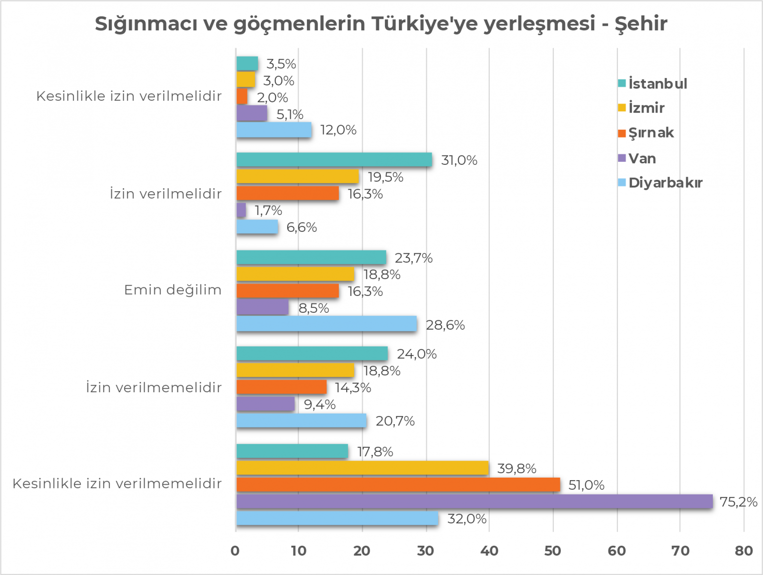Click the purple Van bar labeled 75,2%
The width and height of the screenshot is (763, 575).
tap(474, 502)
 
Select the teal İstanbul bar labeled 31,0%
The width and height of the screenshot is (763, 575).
tap(334, 159)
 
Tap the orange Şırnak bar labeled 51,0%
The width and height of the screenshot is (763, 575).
tap(398, 485)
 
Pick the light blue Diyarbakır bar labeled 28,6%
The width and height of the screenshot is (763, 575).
tap(326, 324)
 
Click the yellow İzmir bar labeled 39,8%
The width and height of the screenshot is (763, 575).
tap(362, 468)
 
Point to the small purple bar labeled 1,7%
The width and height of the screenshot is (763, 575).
tap(241, 210)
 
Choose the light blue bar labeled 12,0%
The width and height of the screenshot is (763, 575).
tap(274, 130)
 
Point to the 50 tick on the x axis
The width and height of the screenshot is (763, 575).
tap(552, 551)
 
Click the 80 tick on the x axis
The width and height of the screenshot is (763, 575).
tap(744, 551)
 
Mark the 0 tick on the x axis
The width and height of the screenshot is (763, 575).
tap(235, 551)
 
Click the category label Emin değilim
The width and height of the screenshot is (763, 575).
tap(172, 289)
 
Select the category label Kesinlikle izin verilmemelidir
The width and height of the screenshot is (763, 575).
tap(117, 483)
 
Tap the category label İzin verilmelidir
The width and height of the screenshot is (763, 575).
tap(165, 193)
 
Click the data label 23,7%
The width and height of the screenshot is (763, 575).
tap(413, 258)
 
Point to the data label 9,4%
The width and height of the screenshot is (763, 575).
tap(319, 404)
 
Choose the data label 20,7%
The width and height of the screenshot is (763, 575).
tap(395, 421)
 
